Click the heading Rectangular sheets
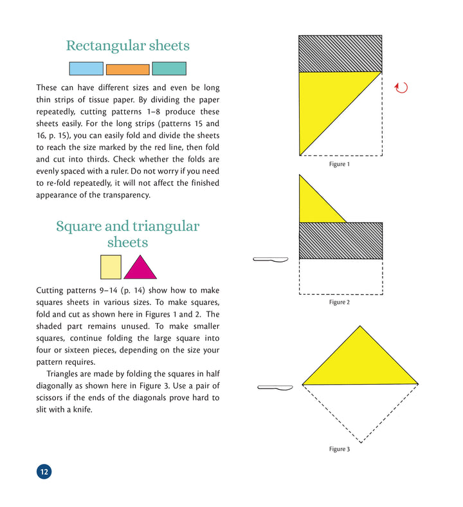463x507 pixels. (127, 46)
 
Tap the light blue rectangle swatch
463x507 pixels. (86, 68)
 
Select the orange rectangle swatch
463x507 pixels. (127, 69)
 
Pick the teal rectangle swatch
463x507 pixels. (169, 68)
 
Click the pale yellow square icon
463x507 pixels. (111, 267)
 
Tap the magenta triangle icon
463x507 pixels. (140, 269)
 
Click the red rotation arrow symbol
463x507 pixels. (401, 88)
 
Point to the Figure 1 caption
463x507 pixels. (339, 165)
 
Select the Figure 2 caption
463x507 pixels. (339, 302)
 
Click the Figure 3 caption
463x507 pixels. (339, 449)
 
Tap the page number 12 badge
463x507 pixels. (44, 472)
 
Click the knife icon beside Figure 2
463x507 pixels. (271, 259)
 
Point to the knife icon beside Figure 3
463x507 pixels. (275, 387)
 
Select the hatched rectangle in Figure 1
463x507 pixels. (341, 53)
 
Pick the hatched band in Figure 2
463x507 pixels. (341, 241)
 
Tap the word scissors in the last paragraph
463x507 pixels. (51, 397)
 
